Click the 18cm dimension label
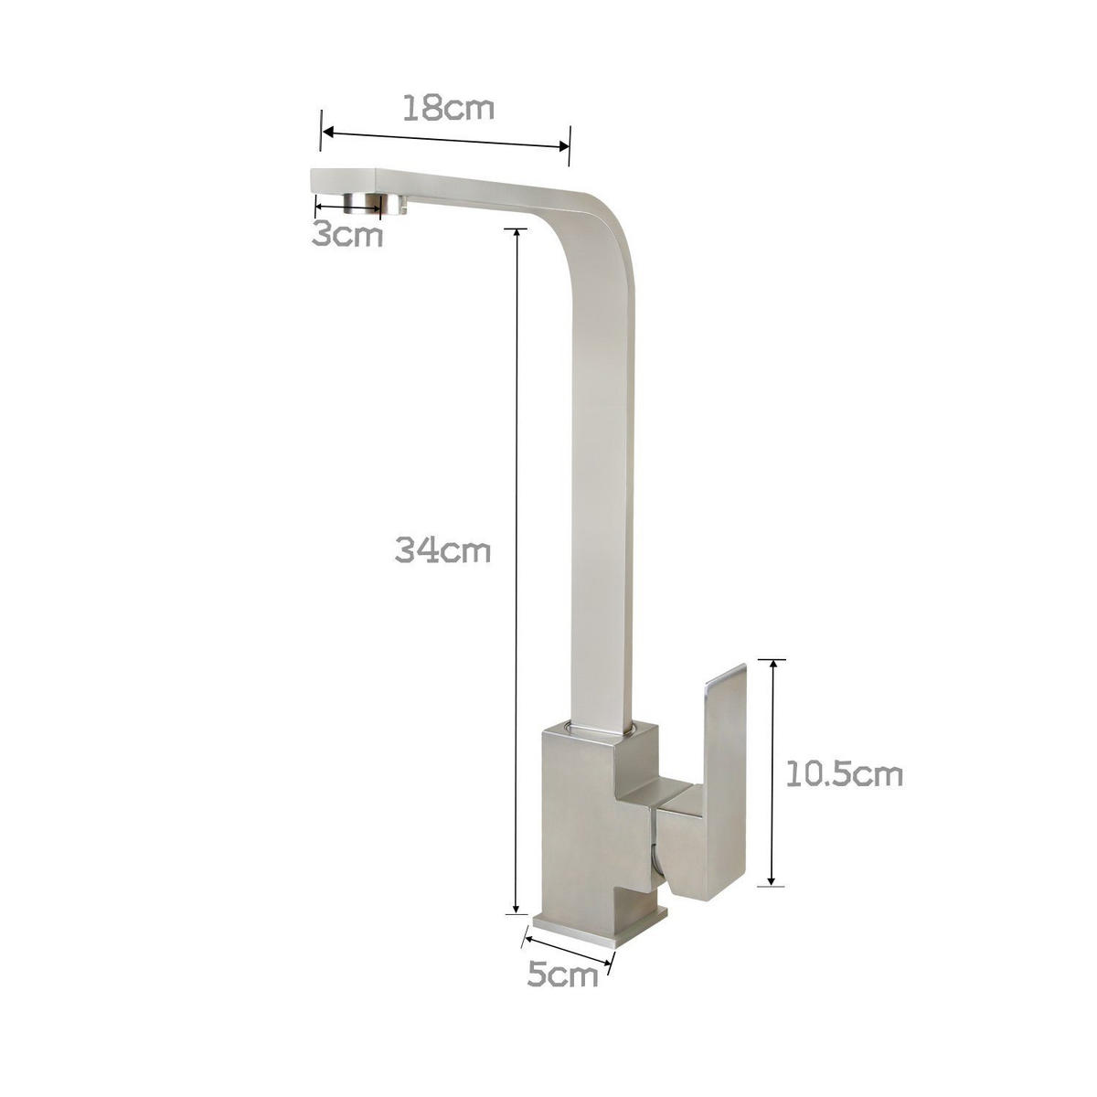448,108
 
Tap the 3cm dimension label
346,235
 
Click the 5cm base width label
562,975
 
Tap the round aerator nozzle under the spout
375,203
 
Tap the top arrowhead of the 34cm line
517,231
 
